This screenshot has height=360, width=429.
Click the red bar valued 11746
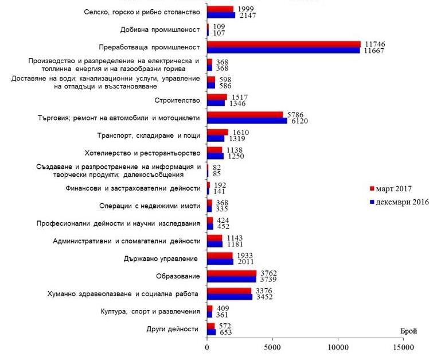(283, 44)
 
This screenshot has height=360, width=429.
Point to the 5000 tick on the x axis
(272, 347)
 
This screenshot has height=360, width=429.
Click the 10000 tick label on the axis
(338, 347)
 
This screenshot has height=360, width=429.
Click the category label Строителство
(177, 100)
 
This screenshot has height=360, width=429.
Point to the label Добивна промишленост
(161, 29)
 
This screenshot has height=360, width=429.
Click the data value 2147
(245, 16)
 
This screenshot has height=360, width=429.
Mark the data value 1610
(238, 133)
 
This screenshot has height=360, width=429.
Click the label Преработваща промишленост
(150, 47)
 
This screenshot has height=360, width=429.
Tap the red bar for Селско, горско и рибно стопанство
(220, 9)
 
